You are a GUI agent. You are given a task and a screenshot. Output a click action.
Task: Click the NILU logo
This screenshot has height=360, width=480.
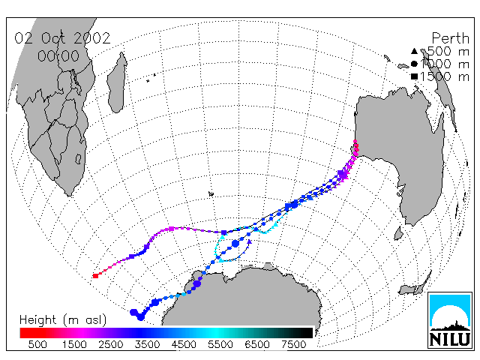450,320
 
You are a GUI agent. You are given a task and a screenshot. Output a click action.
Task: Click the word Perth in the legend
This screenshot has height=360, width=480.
450,38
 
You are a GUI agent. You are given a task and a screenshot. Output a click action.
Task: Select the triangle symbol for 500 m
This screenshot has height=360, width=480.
414,51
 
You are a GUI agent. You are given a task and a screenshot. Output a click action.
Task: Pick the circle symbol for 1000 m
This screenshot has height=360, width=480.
414,64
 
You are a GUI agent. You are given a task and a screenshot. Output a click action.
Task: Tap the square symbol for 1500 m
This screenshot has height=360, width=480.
414,76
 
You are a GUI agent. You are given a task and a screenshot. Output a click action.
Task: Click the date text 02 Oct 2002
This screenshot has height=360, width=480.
62,38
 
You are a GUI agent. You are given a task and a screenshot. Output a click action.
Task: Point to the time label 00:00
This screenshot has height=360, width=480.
58,56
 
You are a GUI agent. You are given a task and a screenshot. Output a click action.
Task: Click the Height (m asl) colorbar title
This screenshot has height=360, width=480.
63,320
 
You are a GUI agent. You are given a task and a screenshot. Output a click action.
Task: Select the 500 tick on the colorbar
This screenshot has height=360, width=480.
37,344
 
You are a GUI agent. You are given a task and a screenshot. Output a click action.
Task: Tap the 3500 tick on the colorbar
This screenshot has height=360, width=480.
147,344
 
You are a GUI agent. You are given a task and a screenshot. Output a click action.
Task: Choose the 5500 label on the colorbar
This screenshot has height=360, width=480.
220,344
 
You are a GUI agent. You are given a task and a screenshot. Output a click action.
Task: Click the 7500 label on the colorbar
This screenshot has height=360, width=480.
293,344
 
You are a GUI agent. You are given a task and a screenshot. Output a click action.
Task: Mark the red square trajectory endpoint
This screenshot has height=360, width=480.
95,276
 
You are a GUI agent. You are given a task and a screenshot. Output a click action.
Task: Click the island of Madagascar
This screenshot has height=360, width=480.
117,82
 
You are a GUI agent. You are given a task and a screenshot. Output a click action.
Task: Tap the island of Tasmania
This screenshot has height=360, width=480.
398,233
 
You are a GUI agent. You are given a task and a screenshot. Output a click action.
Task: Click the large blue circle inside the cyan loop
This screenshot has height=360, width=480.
235,244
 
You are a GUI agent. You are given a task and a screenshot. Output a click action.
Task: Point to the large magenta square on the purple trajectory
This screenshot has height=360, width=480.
172,229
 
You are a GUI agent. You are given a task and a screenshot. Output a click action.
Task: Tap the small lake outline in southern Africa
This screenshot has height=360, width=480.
78,159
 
